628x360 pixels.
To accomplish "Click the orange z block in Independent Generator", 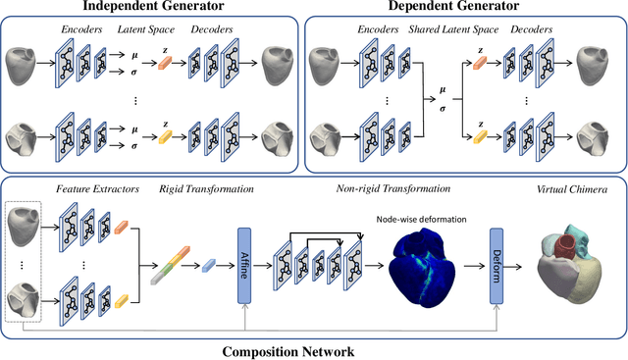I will pyautogui.click(x=165, y=64).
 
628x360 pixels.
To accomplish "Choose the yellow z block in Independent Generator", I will pyautogui.click(x=165, y=138).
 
